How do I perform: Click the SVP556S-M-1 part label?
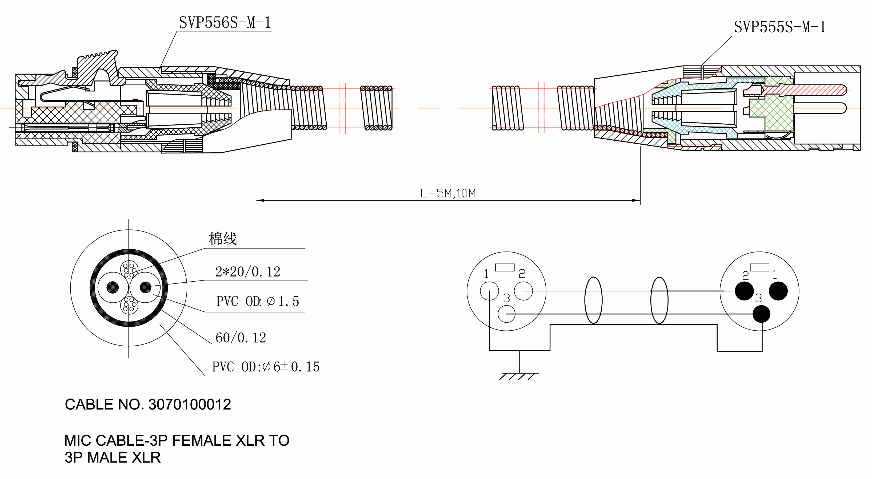coord(225,23)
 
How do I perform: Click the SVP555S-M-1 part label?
coord(779,27)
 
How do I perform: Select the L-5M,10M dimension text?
coord(448,193)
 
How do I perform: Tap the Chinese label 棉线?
coord(223,239)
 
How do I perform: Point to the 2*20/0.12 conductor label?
coord(248,272)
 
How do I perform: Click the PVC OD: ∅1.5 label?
coord(258,301)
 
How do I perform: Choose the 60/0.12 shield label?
coord(241,338)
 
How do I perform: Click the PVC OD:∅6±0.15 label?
coord(266,367)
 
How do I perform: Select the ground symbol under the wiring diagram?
coord(519,375)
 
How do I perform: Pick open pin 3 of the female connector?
coord(507,314)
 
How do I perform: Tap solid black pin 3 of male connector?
coord(761,314)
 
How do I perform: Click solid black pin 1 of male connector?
coord(778,291)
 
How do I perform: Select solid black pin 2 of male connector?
coord(744,291)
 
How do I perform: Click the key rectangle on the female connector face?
coord(505,267)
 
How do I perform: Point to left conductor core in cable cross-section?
coord(113,287)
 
